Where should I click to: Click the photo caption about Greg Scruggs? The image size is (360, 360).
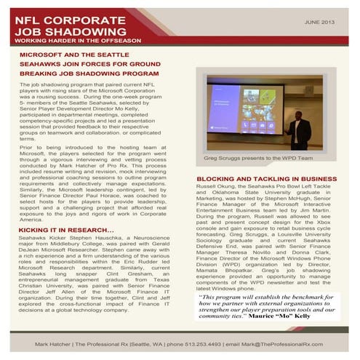pyautogui.click(x=257, y=157)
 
